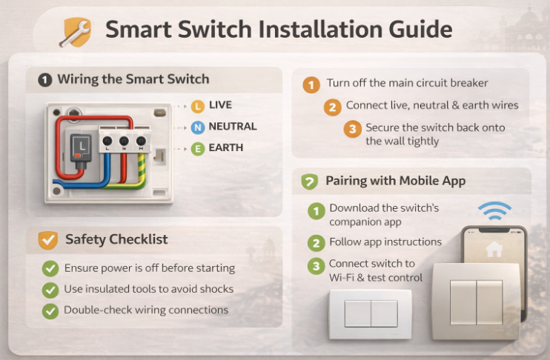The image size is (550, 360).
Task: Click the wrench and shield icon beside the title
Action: pyautogui.click(x=76, y=33)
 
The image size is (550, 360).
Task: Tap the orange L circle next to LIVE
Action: pyautogui.click(x=197, y=106)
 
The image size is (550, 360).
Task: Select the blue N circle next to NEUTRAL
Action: pyautogui.click(x=197, y=127)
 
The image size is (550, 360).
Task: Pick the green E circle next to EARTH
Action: pyautogui.click(x=197, y=149)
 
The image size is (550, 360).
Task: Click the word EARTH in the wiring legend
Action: pyautogui.click(x=225, y=147)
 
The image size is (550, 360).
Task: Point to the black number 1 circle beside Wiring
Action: pyautogui.click(x=45, y=80)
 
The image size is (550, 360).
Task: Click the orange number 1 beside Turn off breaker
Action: pyautogui.click(x=311, y=85)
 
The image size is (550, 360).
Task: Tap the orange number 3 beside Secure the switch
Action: pyautogui.click(x=352, y=129)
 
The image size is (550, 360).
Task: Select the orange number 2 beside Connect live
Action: pyautogui.click(x=333, y=107)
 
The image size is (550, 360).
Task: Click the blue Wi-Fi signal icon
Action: pyautogui.click(x=494, y=210)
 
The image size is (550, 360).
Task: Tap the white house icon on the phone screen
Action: pyautogui.click(x=494, y=249)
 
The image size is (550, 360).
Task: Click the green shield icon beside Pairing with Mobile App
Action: pyautogui.click(x=309, y=181)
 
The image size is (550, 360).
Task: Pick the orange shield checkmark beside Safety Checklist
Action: pyautogui.click(x=47, y=240)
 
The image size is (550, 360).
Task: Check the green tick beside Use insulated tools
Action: pyautogui.click(x=50, y=290)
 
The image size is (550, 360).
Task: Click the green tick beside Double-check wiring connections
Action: pyautogui.click(x=50, y=311)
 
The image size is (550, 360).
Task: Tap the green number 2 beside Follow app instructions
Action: pyautogui.click(x=316, y=243)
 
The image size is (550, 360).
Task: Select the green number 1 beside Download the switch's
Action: pyautogui.click(x=316, y=211)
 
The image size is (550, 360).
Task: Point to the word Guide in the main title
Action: pyautogui.click(x=420, y=30)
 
